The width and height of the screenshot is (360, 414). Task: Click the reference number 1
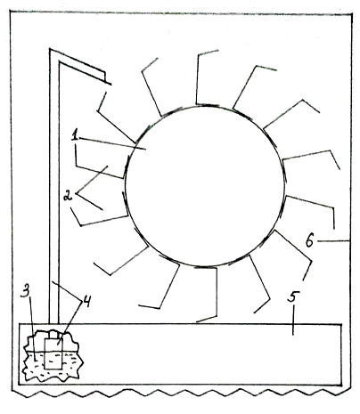coord(75,136)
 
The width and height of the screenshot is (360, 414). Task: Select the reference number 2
coord(69,195)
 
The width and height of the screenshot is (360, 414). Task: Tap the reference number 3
coord(26,291)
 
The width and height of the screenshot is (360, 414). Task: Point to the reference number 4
coord(86,302)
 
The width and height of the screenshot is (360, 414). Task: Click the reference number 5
coord(293,296)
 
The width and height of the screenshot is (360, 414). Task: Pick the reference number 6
coord(309,241)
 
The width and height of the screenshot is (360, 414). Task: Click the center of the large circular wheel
coord(205,185)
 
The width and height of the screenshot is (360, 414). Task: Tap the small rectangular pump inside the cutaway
coord(53,353)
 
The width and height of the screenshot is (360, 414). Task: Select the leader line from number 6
coord(333,241)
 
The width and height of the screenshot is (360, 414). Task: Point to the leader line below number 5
coord(293,320)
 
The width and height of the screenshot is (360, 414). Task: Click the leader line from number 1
coord(112,143)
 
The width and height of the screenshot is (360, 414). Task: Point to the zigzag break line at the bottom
coord(181,393)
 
